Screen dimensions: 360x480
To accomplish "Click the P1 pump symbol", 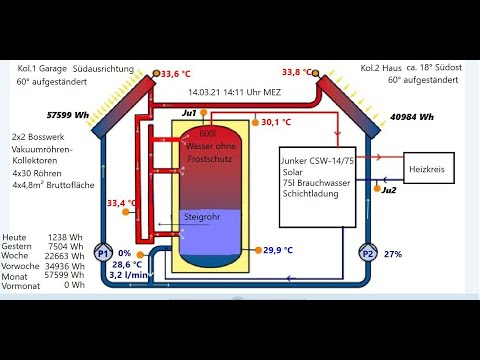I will pyautogui.click(x=103, y=255).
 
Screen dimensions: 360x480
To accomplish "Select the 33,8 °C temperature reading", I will pyautogui.click(x=297, y=72).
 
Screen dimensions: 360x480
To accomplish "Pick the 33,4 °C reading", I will pyautogui.click(x=125, y=203).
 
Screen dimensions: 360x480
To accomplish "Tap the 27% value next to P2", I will pyautogui.click(x=393, y=255).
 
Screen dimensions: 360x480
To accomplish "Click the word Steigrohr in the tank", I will pyautogui.click(x=202, y=217).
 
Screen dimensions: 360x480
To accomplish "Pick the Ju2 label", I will pyautogui.click(x=389, y=190).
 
